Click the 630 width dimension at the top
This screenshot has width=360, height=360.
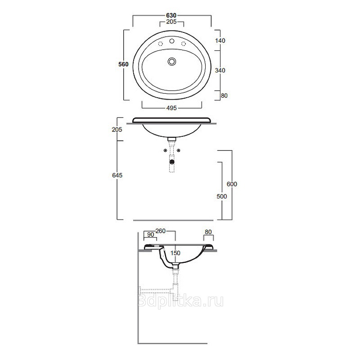pyautogui.click(x=171, y=15)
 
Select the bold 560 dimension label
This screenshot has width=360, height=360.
pyautogui.click(x=123, y=64)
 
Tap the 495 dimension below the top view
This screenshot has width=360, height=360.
pyautogui.click(x=171, y=108)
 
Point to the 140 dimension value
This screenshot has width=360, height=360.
pyautogui.click(x=220, y=40)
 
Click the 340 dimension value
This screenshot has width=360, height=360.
pyautogui.click(x=220, y=70)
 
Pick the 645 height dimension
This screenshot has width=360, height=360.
pyautogui.click(x=117, y=175)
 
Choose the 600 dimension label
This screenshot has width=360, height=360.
pyautogui.click(x=232, y=184)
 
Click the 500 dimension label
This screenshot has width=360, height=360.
pyautogui.click(x=222, y=196)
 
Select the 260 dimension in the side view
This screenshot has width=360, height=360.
pyautogui.click(x=161, y=231)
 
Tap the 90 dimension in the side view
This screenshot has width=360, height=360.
pyautogui.click(x=151, y=234)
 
